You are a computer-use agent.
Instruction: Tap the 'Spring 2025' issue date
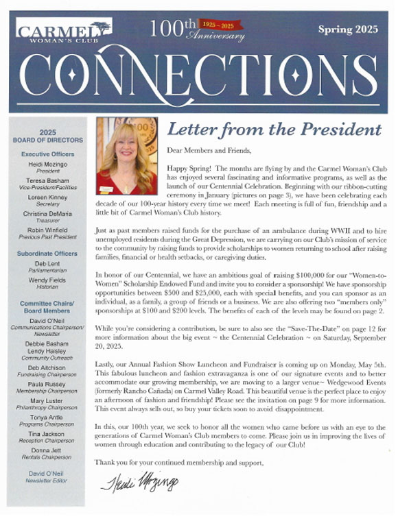[349, 29]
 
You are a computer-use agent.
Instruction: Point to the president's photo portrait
[127, 156]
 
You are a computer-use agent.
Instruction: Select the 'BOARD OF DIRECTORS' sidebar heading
[47, 141]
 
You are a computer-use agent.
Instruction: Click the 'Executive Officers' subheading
[47, 154]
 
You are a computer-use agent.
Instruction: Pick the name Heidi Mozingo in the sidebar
[47, 165]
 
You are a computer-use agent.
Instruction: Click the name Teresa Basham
[47, 180]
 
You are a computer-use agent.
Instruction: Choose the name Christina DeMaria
[47, 214]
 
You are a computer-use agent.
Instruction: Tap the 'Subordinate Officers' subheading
[47, 254]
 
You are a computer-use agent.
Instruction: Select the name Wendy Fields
[47, 281]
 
